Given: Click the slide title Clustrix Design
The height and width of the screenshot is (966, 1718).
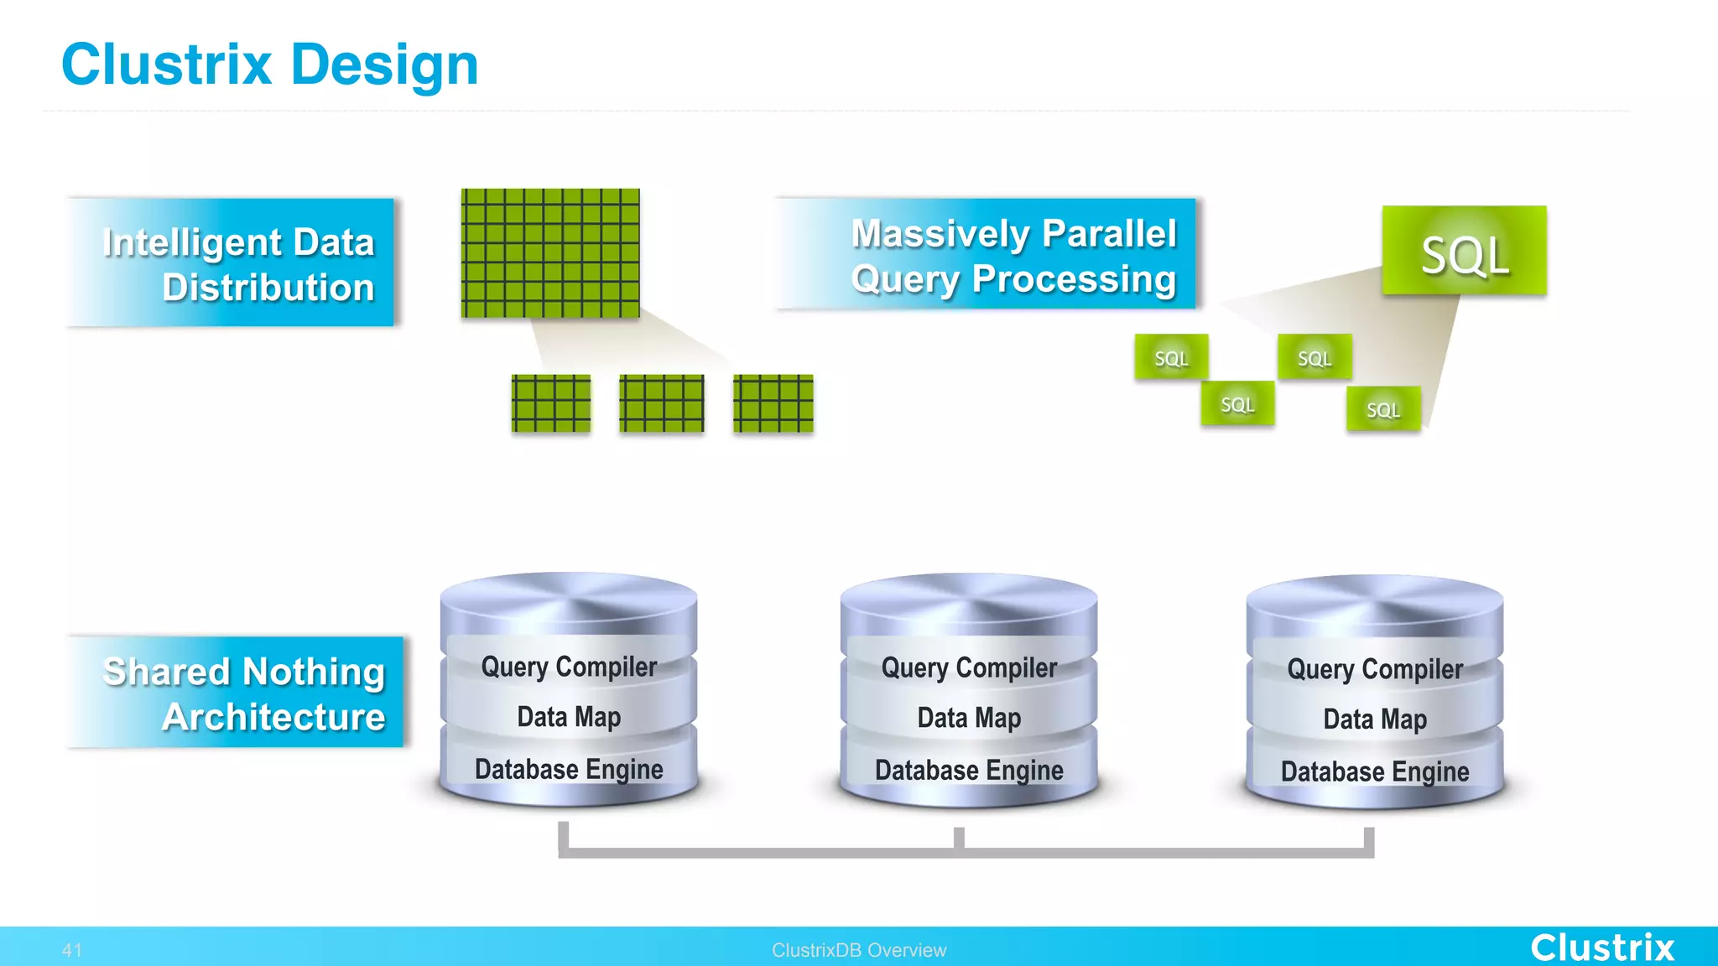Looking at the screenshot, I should tap(269, 65).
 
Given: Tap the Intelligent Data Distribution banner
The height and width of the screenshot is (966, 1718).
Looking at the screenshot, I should tap(232, 263).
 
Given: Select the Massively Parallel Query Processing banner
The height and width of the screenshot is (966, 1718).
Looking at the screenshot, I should tap(988, 255).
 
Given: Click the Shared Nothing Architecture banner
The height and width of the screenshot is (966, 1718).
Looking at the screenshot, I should tap(237, 693).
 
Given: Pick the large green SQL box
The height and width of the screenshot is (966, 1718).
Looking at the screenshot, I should tap(1464, 251).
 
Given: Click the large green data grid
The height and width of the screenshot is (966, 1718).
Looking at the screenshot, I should tap(550, 253).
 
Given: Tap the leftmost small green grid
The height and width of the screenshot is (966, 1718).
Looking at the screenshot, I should tap(551, 403).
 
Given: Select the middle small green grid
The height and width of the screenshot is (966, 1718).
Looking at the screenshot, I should tap(661, 403).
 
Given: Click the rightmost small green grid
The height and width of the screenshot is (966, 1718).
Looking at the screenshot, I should tap(773, 403).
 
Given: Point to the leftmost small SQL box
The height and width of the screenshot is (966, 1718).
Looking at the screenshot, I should tap(1171, 357).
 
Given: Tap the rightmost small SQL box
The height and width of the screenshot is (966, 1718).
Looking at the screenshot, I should tap(1383, 409).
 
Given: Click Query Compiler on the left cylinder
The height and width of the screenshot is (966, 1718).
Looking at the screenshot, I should tap(569, 667).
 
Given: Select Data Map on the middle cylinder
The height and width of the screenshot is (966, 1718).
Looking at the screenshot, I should tap(969, 718).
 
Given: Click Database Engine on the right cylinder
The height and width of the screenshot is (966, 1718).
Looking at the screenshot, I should tap(1374, 771).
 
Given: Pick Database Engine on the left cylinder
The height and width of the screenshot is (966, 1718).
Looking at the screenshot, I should tap(569, 769).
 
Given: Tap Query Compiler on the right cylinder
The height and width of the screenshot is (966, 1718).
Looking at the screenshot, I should tap(1374, 669).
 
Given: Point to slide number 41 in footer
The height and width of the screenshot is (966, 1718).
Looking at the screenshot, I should tap(72, 950).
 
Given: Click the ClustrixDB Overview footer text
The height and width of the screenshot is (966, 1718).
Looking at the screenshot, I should tap(859, 950).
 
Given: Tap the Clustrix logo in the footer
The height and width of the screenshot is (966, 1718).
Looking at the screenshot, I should tap(1601, 948).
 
